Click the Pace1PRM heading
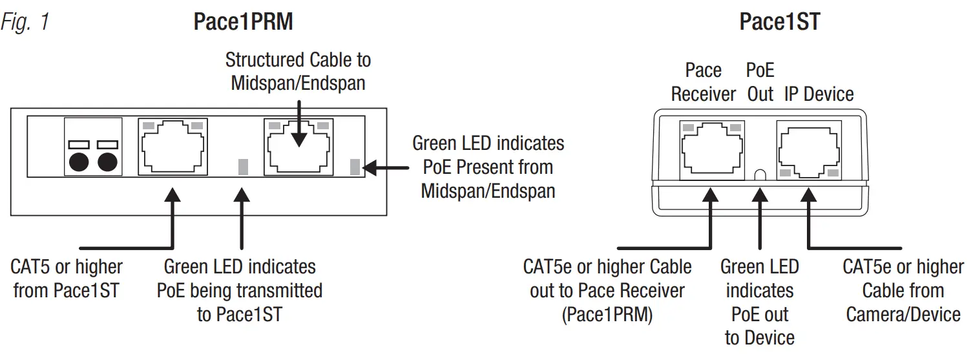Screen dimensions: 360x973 (x=243, y=22)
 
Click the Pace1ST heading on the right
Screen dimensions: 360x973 (x=779, y=22)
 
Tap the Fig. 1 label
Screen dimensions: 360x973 (x=25, y=23)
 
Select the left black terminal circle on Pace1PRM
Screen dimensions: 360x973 (x=78, y=162)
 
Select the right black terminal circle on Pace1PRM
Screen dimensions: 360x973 (x=107, y=162)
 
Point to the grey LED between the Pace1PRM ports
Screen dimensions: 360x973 (x=242, y=167)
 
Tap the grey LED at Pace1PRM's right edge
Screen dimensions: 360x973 (x=354, y=167)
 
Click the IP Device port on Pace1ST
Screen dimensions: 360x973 (x=809, y=150)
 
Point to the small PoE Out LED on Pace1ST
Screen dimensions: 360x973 (x=760, y=175)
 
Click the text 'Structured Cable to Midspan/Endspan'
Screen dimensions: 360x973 (x=298, y=71)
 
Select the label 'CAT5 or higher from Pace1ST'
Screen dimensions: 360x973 (x=67, y=279)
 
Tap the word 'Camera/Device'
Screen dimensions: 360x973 (x=903, y=315)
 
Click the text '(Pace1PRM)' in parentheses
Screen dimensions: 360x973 (x=607, y=315)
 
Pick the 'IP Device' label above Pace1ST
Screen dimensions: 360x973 (x=819, y=94)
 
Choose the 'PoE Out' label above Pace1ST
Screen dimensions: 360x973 (x=760, y=82)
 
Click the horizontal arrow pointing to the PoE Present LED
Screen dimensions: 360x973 (x=386, y=167)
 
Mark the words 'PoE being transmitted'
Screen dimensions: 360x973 (x=240, y=290)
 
